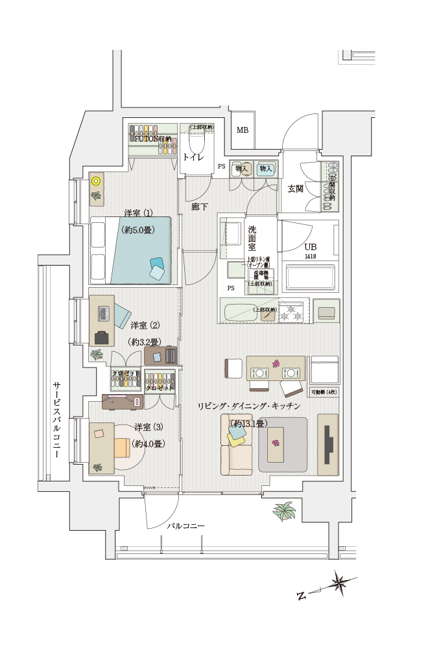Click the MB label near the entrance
(242, 130)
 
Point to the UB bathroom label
(311, 248)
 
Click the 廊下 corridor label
(200, 207)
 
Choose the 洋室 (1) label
(138, 213)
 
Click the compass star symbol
(339, 583)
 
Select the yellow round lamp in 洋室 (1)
(96, 181)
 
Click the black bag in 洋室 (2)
(102, 337)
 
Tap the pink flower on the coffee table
(276, 443)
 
